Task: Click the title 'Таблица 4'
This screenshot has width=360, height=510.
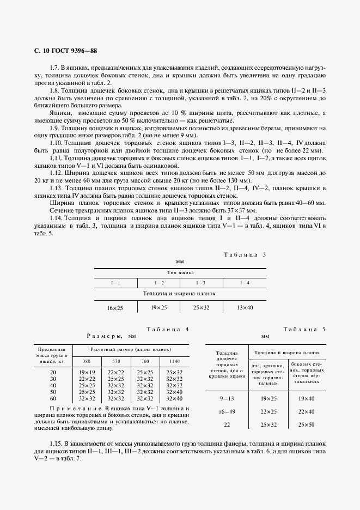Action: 168,329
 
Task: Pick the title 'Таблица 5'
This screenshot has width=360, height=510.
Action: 304,329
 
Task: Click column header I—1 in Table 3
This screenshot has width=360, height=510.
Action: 115,283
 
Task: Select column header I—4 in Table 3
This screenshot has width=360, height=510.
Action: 245,283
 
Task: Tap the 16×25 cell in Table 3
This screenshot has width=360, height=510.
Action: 115,308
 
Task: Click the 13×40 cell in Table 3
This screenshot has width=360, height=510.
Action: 245,308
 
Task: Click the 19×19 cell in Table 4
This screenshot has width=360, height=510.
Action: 87,372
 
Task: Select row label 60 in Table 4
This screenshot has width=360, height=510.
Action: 53,398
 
